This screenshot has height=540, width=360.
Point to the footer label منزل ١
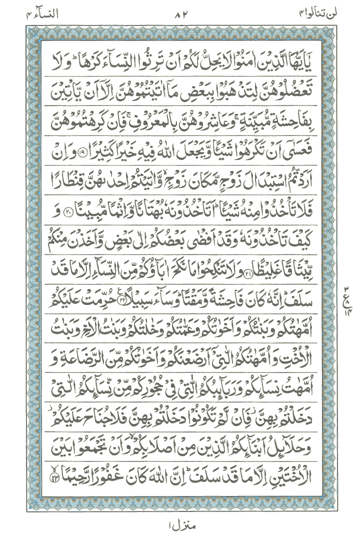coord(180,526)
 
